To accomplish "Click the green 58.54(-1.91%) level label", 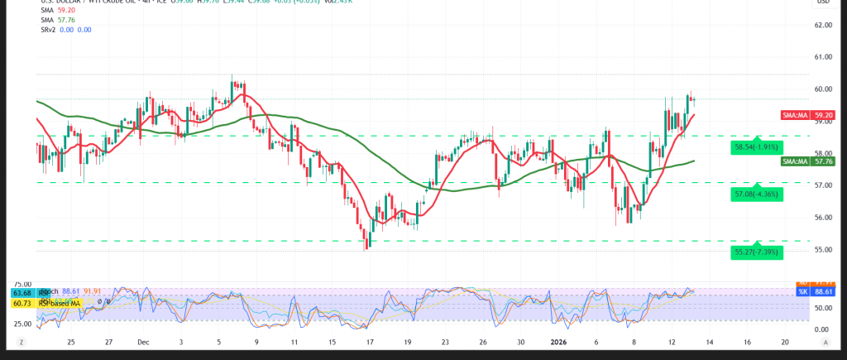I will point(756,147).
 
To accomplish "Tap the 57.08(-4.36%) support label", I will point(756,194).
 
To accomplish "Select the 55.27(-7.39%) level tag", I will point(756,251).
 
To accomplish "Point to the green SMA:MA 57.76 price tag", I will point(805,162).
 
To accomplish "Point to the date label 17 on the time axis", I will point(370,341).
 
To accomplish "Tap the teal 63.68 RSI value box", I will point(22,292).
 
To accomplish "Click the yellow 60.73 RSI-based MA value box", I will point(22,304).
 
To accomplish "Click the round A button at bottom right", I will point(828,341).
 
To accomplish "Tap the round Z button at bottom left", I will point(22,341).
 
